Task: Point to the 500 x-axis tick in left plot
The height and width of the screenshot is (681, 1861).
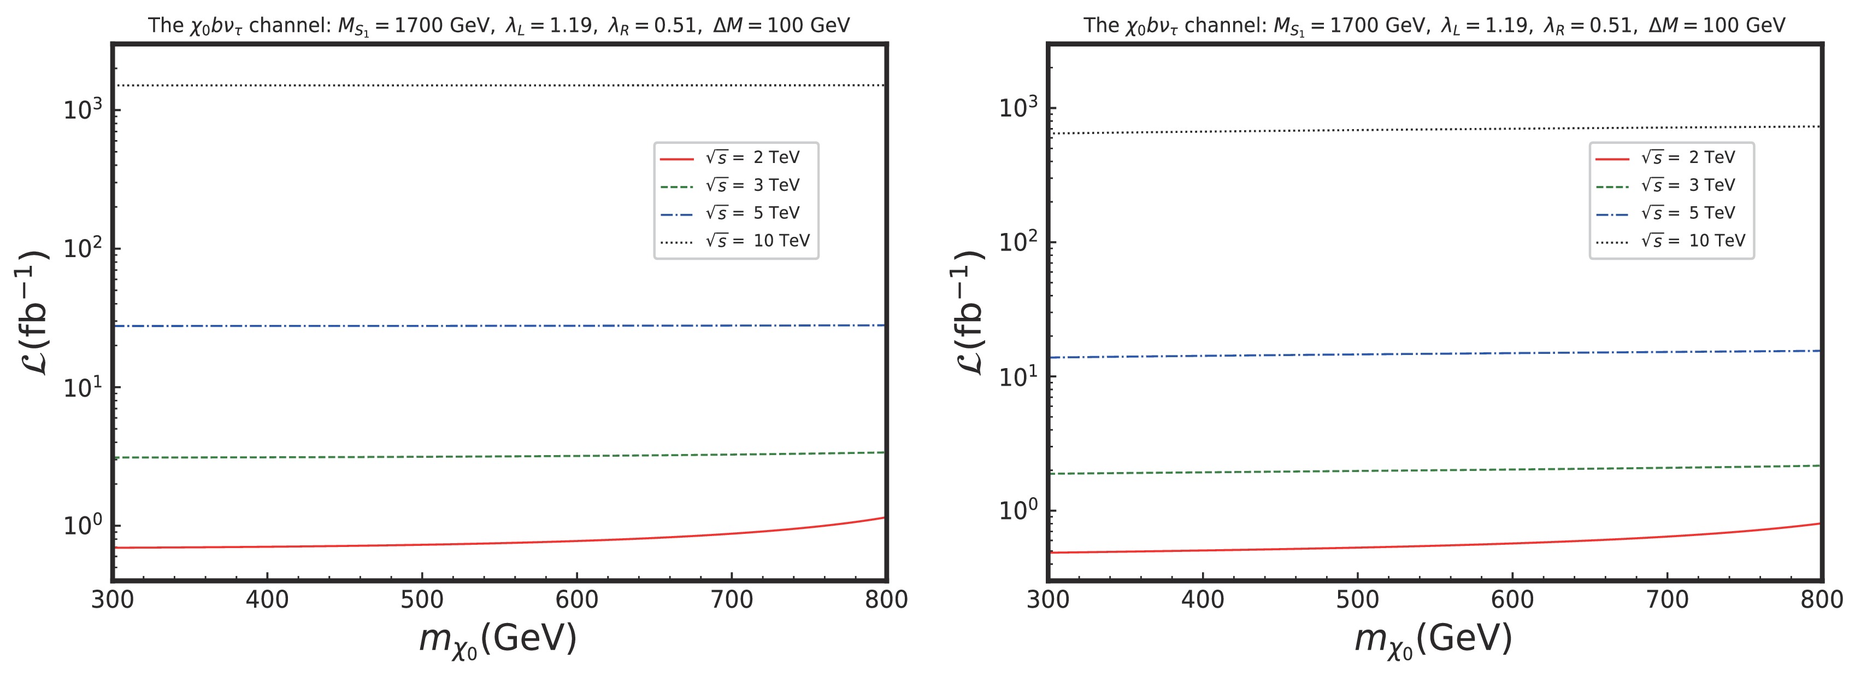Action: (x=422, y=600)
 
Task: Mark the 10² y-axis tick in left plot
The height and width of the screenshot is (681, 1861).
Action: (x=83, y=249)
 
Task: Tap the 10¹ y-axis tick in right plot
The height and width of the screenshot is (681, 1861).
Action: (x=1018, y=377)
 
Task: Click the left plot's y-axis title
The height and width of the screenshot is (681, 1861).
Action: (x=32, y=312)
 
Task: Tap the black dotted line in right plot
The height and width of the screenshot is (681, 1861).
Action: (x=1434, y=130)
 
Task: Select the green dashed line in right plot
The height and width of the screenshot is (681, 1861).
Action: (x=1434, y=470)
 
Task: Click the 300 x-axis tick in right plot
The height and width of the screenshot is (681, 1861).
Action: (x=1047, y=600)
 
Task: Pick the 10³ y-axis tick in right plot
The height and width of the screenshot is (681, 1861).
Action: (x=1018, y=108)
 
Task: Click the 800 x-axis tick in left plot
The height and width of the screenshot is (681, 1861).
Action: (x=886, y=600)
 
